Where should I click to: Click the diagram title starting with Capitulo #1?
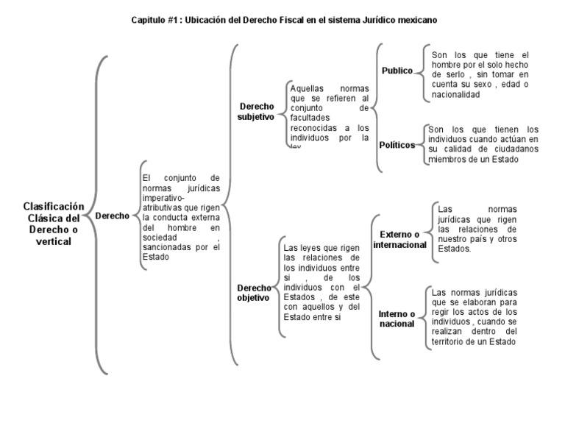pos(283,21)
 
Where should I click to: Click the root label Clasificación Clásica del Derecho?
pos(54,224)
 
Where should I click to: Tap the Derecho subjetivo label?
pos(255,111)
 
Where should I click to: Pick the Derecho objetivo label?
pos(253,292)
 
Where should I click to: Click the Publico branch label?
pos(397,70)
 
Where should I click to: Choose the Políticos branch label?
pos(397,145)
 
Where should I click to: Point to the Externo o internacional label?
pos(399,239)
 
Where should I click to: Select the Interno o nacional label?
pos(397,319)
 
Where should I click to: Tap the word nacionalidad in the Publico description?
pos(456,95)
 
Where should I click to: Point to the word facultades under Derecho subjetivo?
pos(310,117)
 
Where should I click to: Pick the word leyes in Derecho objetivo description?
pos(308,248)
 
